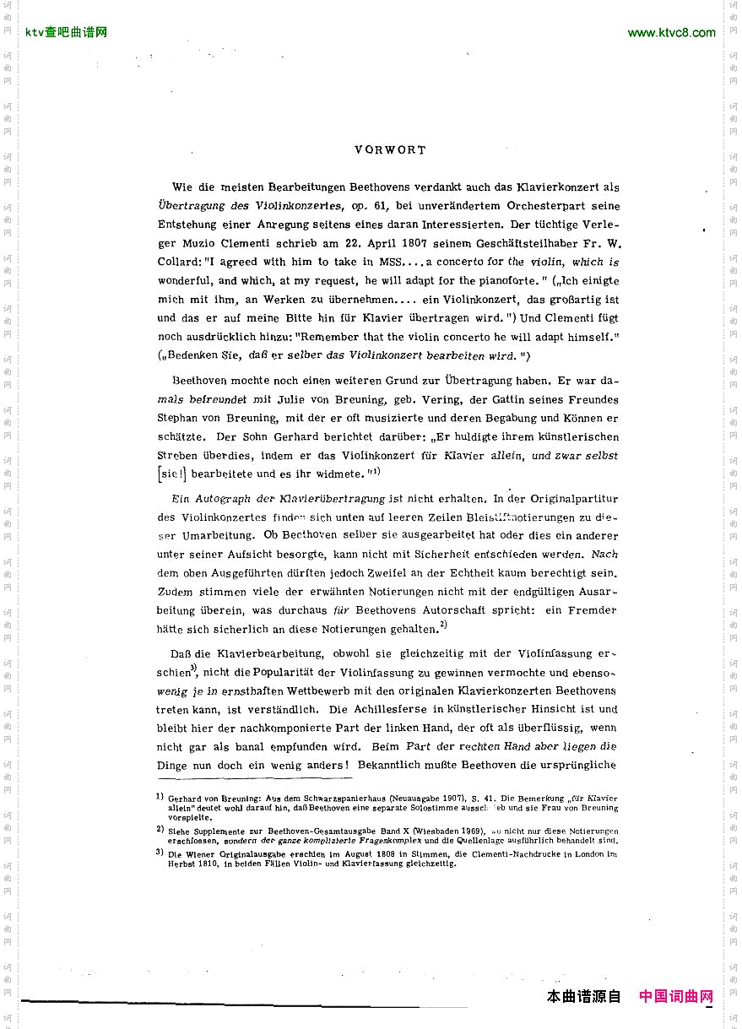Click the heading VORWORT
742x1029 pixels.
point(390,150)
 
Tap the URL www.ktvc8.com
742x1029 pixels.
point(671,33)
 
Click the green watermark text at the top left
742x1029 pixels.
point(66,33)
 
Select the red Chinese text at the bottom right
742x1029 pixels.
point(675,996)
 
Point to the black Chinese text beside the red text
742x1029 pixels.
point(583,996)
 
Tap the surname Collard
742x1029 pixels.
point(177,262)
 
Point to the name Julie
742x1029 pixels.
point(329,399)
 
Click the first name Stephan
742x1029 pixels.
point(178,418)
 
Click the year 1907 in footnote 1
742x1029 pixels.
point(443,798)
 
